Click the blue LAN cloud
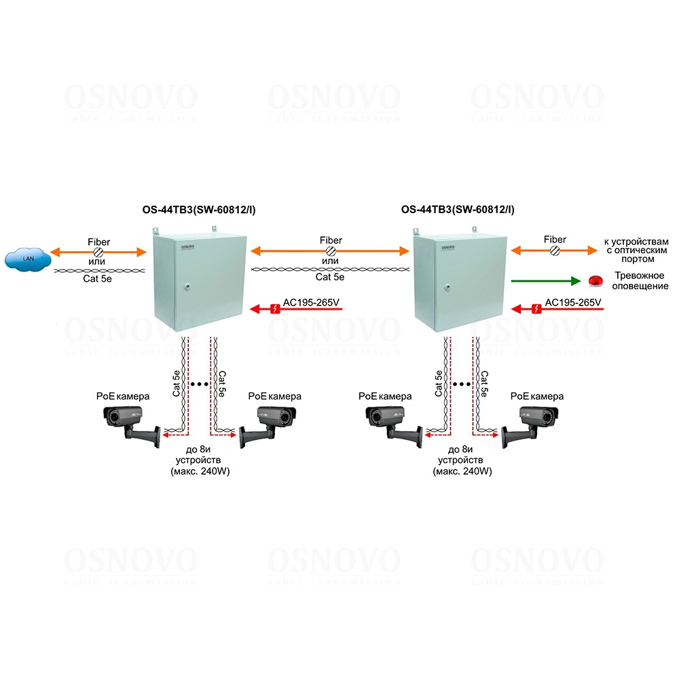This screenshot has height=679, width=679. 28,259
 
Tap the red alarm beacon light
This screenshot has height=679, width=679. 595,280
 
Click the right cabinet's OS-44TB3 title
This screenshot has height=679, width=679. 458,210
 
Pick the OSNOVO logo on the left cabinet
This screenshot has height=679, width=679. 188,248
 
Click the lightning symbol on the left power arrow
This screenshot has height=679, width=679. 274,310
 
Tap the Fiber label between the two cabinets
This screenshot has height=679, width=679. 331,240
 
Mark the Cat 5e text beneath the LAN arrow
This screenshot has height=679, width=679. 99,280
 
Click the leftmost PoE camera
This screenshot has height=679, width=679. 129,421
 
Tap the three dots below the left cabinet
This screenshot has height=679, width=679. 200,384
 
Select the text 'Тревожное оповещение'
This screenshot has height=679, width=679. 641,281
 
